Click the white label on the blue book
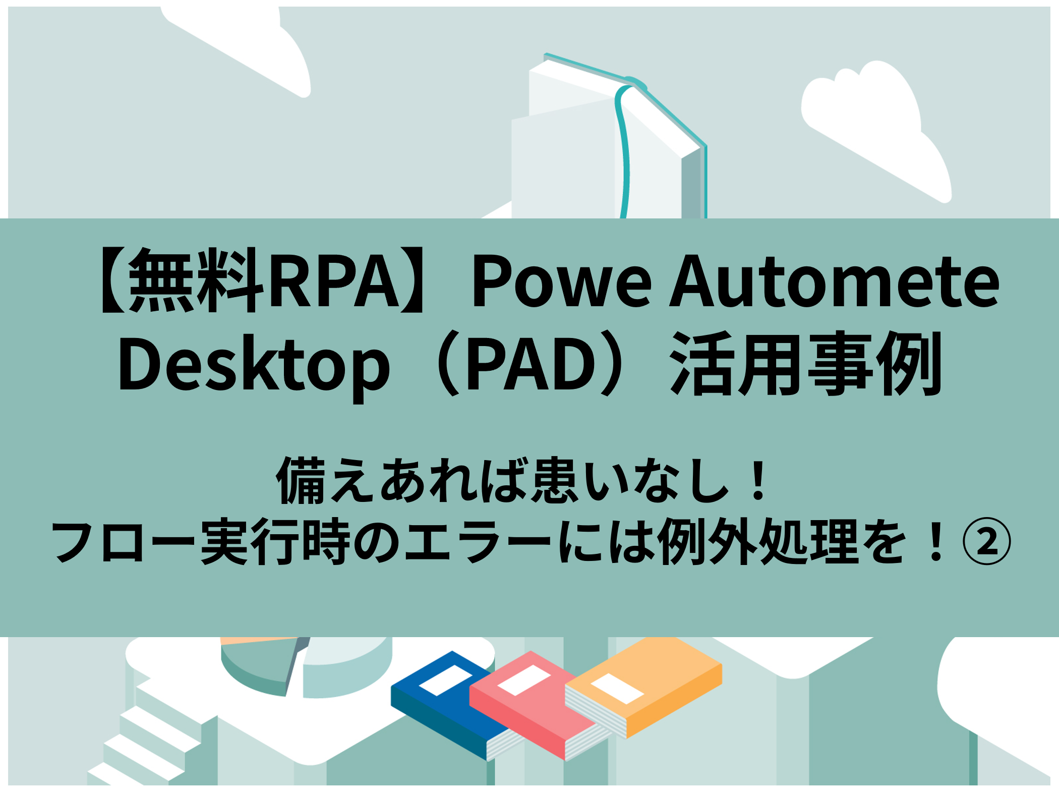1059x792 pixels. [445, 681]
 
